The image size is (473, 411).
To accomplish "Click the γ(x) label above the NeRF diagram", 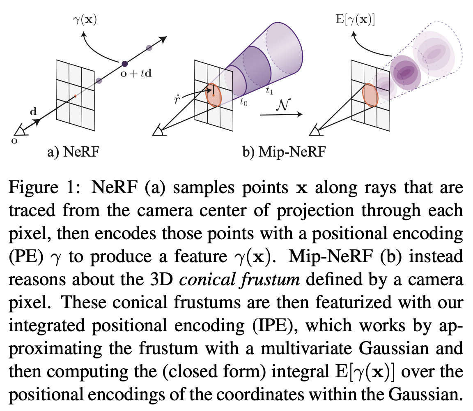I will click(85, 19).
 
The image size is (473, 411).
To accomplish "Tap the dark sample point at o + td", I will click(124, 64).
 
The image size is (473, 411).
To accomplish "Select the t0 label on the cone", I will click(243, 103).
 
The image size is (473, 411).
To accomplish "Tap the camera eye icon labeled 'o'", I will click(19, 131).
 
